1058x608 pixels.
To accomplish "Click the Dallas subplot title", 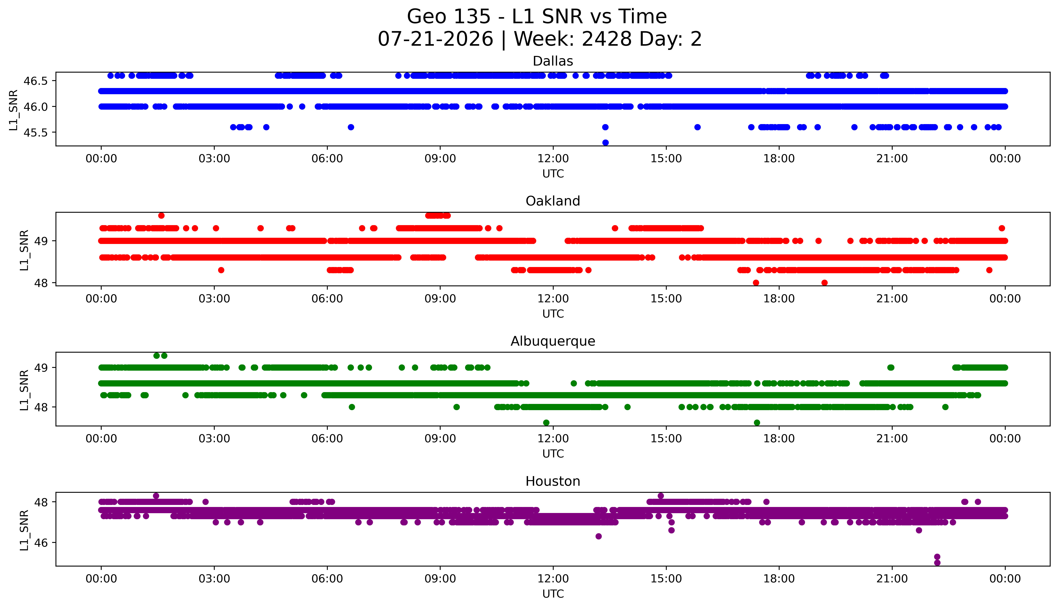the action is (553, 61).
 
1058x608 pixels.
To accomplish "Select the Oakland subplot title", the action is (553, 201).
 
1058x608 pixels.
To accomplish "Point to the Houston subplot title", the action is (553, 482).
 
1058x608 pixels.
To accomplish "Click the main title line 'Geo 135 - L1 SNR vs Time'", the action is (537, 17).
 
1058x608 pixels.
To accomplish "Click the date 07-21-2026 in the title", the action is (435, 39).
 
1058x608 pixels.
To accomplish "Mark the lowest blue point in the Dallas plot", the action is (605, 143).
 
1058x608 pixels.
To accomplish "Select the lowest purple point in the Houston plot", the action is (937, 563).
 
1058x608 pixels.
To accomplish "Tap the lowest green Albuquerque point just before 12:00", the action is (546, 423).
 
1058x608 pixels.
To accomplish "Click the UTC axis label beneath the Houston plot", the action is (553, 594).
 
